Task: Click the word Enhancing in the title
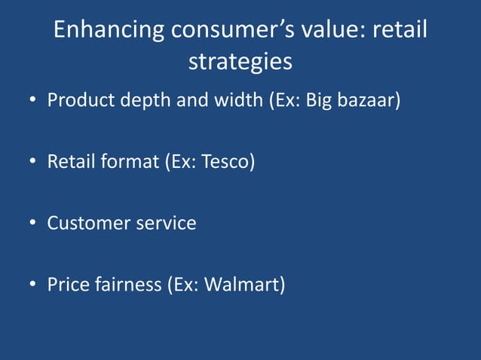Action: click(109, 30)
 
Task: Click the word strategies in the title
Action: click(240, 62)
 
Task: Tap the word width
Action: click(238, 100)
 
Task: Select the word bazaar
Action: click(367, 100)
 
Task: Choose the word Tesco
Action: click(227, 162)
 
